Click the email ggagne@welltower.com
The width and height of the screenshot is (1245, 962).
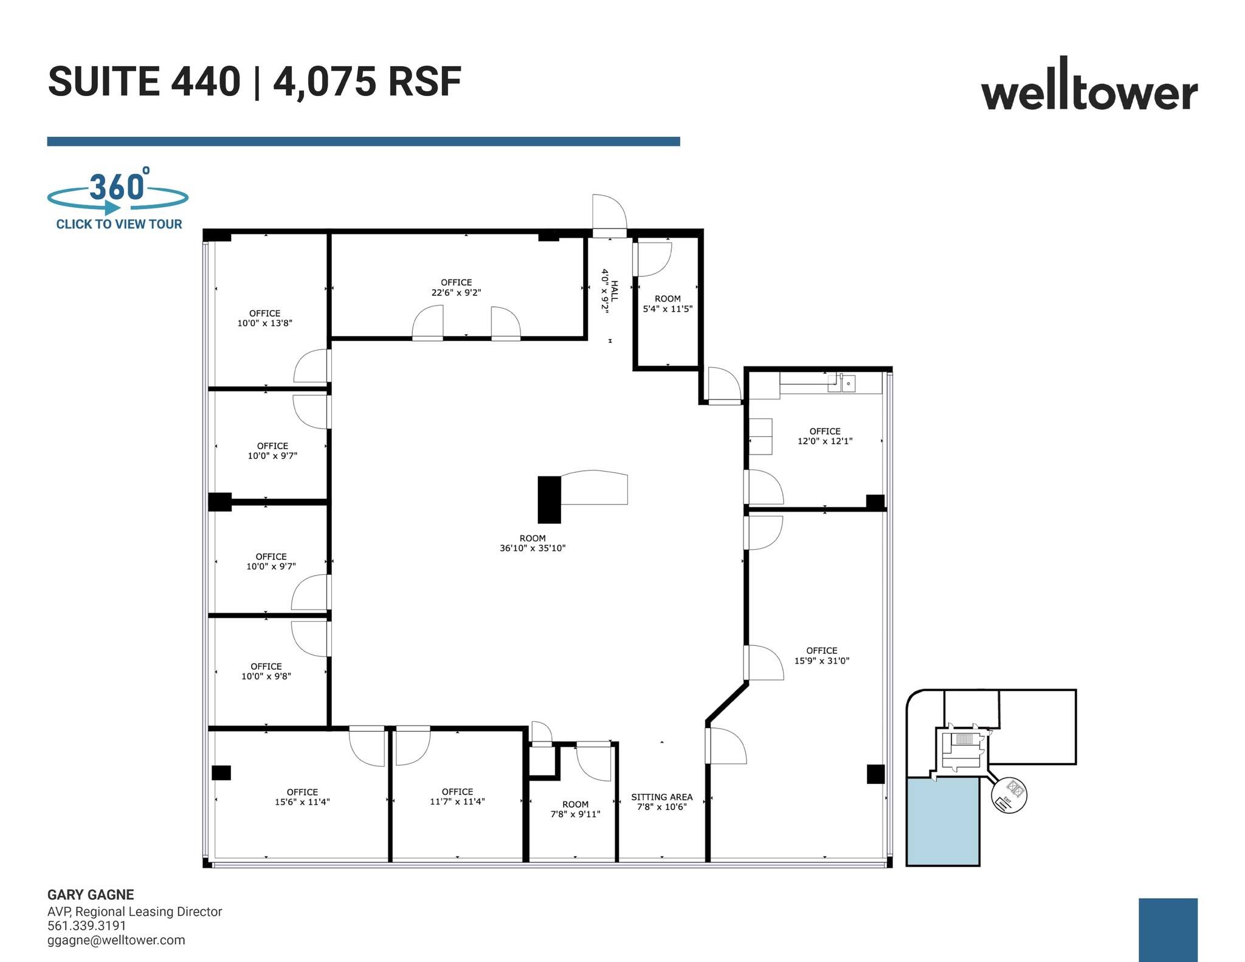coord(116,940)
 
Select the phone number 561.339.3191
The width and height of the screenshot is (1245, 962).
coord(87,926)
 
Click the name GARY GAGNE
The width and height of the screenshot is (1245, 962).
coord(91,895)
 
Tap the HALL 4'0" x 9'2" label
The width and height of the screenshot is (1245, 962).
coord(609,290)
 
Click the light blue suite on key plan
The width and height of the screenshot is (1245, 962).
coord(942,822)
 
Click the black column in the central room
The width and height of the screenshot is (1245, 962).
coord(549,500)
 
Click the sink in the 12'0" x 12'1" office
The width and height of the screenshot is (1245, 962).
coord(847,383)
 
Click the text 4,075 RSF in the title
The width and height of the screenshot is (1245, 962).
coord(367,81)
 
